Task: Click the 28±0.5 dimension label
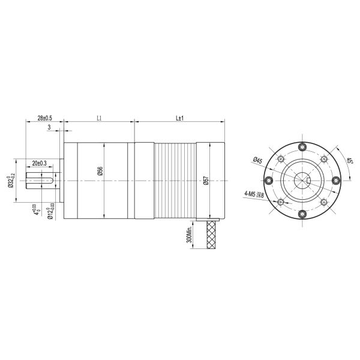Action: [x=44, y=118]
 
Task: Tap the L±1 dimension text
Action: [x=179, y=118]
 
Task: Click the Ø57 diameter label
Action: [x=206, y=181]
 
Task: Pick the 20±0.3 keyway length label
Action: [x=40, y=163]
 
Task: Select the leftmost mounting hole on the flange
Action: [x=269, y=181]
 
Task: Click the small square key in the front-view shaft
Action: [x=308, y=181]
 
